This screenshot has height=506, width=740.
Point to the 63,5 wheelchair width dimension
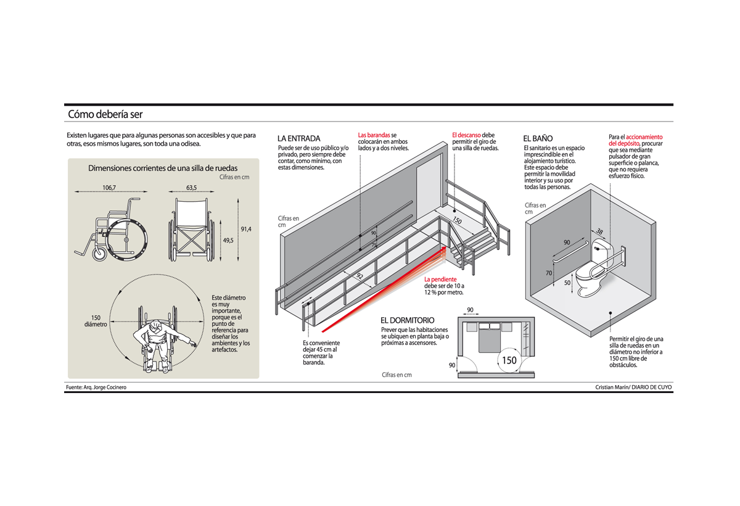(x=191, y=188)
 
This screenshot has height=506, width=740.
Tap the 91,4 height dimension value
(x=246, y=230)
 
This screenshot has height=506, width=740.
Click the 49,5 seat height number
(x=228, y=241)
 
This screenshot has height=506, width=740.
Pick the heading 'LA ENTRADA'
(x=299, y=138)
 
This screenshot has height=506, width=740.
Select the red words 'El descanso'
(x=466, y=135)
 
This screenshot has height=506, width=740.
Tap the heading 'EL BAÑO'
(x=538, y=138)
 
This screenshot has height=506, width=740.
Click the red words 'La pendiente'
(x=440, y=280)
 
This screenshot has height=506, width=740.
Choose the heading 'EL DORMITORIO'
(x=407, y=320)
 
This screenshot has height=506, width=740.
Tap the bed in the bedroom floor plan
(x=490, y=339)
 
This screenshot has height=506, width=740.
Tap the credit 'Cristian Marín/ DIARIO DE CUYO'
(x=633, y=387)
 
